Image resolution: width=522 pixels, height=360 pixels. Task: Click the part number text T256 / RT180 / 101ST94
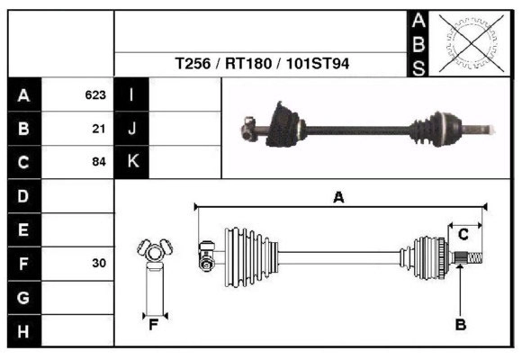point(263,65)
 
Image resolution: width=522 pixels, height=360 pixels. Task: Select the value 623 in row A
point(95,94)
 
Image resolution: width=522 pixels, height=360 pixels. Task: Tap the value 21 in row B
point(99,129)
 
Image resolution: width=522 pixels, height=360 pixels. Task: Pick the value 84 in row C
point(99,163)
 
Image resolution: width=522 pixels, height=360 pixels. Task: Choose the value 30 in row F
point(99,264)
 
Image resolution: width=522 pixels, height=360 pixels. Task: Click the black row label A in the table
point(23,94)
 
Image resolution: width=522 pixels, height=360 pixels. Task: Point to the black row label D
point(23,196)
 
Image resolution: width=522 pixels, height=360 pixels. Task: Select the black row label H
point(23,331)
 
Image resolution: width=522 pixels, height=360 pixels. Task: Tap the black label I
point(131,94)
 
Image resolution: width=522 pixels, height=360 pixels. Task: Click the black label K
point(131,162)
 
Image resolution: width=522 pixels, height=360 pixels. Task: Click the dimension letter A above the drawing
point(339,197)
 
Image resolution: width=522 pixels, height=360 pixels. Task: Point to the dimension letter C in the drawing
point(463,234)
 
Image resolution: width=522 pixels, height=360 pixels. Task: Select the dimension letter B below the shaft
point(460,324)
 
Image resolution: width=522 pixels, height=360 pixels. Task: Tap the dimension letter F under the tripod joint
point(153,325)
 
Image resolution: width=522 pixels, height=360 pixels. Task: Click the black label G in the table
point(23,297)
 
